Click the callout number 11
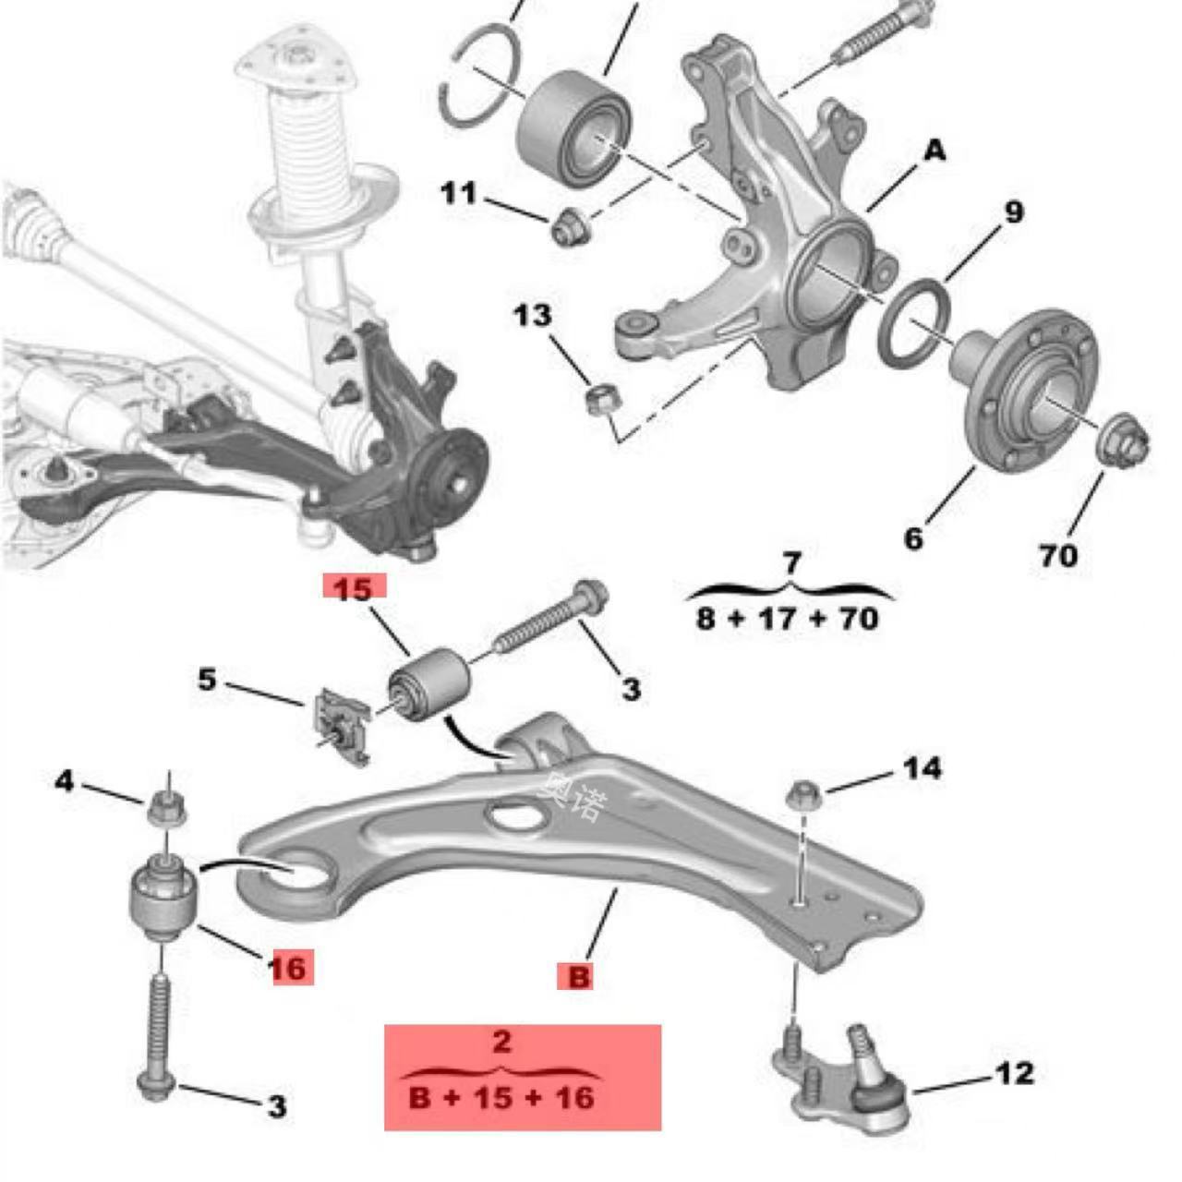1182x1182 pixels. point(458,195)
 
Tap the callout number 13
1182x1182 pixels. point(533,317)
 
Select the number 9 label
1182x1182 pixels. point(1013,212)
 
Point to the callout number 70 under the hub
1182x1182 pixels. point(1058,556)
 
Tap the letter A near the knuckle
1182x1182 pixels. point(935,151)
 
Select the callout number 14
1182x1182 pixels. point(923,768)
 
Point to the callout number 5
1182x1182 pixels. point(207,680)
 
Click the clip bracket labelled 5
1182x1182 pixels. point(341,726)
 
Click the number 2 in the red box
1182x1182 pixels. point(501,1058)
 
